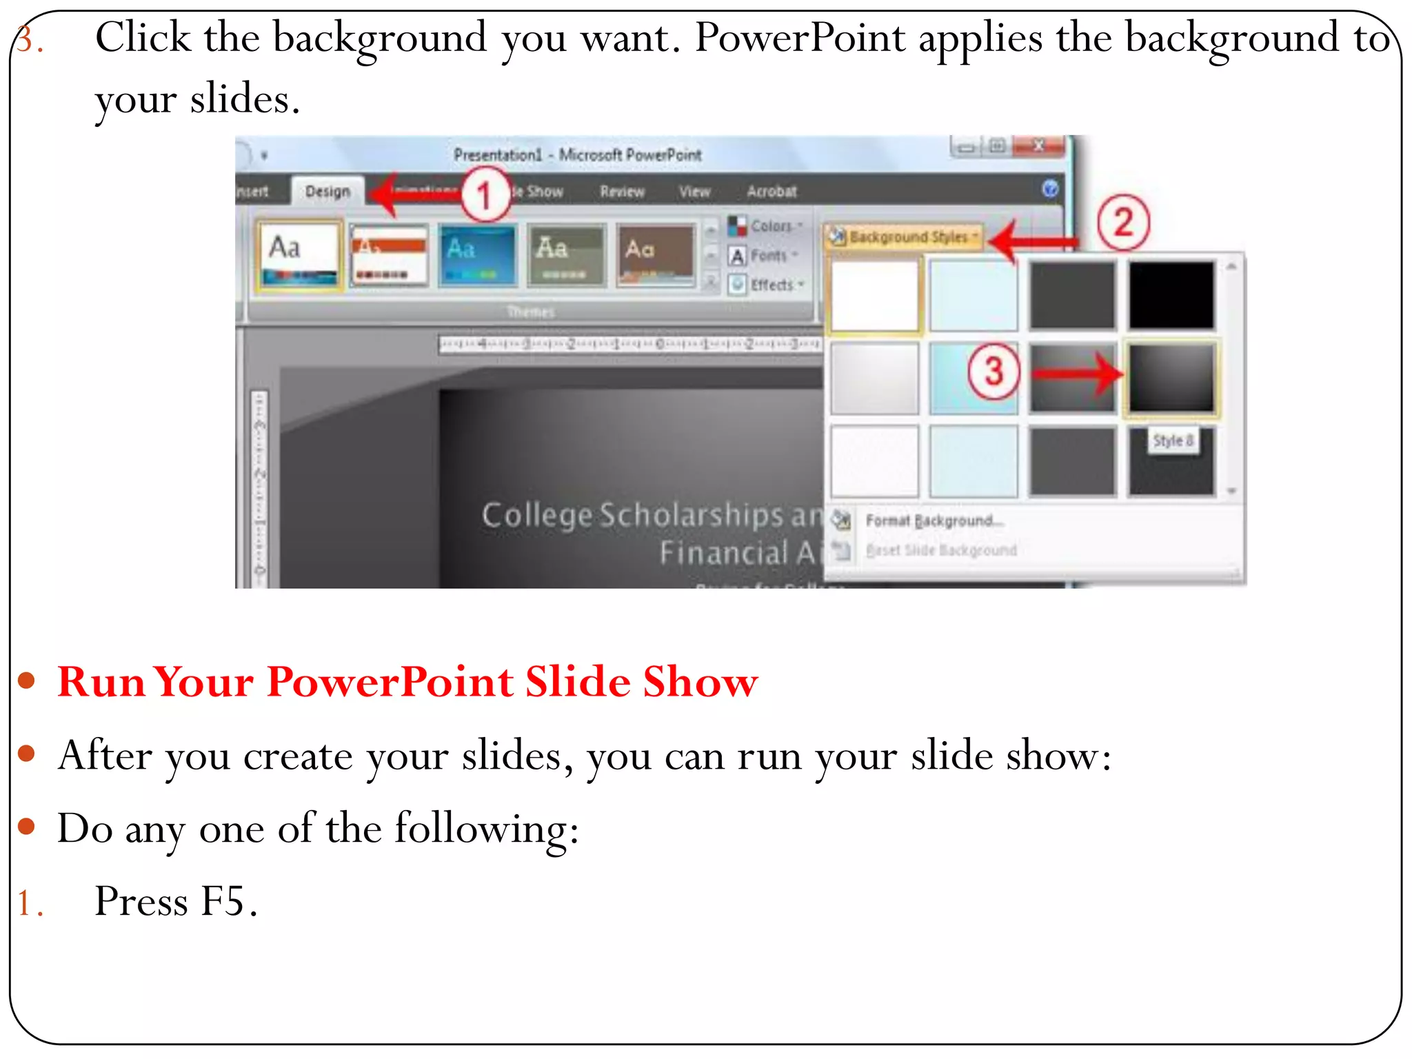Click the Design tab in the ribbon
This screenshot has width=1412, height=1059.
(x=327, y=191)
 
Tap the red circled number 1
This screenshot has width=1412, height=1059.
(x=485, y=194)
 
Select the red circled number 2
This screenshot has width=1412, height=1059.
(x=1123, y=223)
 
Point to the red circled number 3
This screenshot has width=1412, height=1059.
(x=994, y=372)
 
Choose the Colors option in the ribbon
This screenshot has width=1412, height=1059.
(x=770, y=226)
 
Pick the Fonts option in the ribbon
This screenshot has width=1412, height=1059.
(x=767, y=256)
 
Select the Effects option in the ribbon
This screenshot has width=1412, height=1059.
(x=771, y=285)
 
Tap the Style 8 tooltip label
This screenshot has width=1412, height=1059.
(x=1172, y=441)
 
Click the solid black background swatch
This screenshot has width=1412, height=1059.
(x=1171, y=294)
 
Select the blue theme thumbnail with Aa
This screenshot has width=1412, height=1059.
(x=477, y=254)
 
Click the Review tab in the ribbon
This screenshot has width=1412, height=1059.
(x=622, y=192)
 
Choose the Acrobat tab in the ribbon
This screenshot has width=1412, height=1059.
(x=771, y=192)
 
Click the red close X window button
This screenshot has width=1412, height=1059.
(x=1038, y=146)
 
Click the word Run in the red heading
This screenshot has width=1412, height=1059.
(x=101, y=682)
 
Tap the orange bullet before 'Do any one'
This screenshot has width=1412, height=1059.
(x=27, y=826)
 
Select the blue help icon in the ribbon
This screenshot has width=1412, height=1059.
(x=1049, y=189)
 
